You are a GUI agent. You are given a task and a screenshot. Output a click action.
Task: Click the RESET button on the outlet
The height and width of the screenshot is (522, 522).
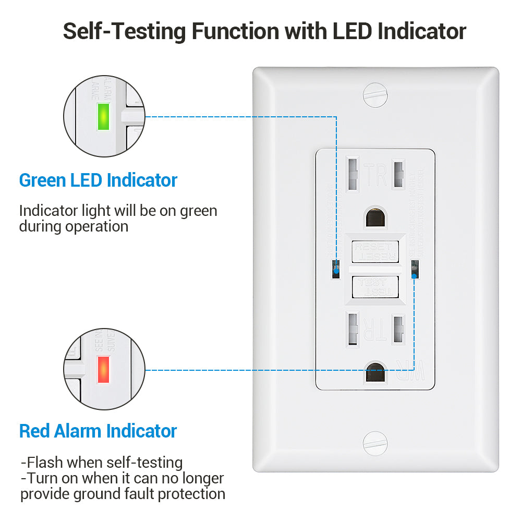point(375,251)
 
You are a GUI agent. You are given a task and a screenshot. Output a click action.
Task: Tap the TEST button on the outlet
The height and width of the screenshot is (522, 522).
point(375,287)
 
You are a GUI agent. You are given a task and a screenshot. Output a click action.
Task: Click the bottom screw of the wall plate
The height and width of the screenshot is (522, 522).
point(375,444)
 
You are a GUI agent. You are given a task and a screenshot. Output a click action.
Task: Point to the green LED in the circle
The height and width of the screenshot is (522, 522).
point(103,116)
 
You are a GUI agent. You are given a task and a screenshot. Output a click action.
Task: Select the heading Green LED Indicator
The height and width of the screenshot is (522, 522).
point(98,180)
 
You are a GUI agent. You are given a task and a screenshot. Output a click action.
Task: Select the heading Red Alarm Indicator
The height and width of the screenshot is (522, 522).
point(98,431)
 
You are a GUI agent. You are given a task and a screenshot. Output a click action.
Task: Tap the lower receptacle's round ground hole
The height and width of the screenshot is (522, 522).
point(374,372)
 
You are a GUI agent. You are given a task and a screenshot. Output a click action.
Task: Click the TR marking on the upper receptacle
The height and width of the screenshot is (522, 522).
point(375,175)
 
